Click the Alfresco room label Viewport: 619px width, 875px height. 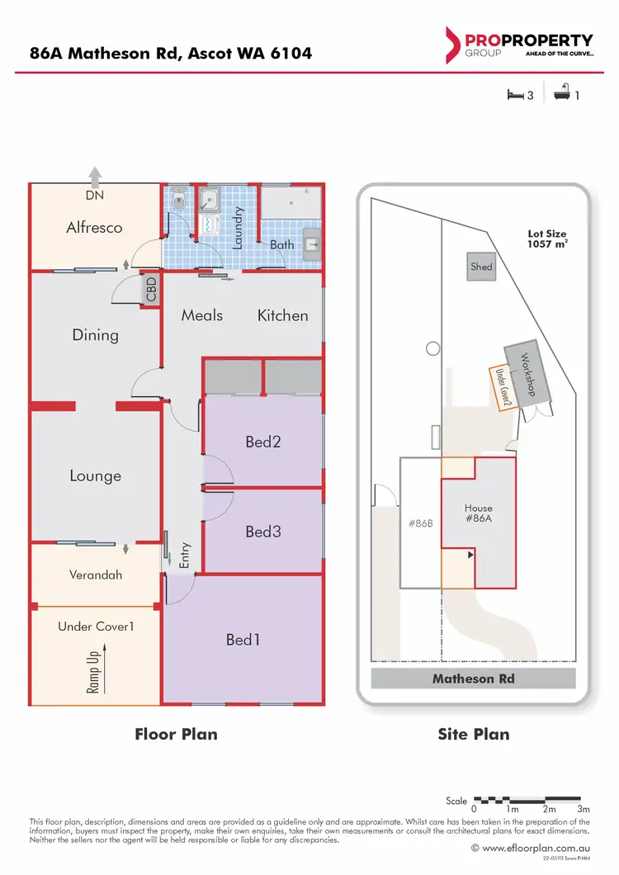pos(94,227)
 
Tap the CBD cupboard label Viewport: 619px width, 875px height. pos(150,291)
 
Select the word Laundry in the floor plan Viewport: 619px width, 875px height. pos(237,228)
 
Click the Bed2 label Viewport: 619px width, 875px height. pos(263,442)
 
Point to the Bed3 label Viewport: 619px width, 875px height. pos(263,532)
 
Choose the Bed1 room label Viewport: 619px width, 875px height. pos(243,639)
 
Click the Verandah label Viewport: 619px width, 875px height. pos(96,575)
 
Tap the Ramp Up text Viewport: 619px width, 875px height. pos(92,667)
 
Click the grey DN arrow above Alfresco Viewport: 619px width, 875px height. pos(95,175)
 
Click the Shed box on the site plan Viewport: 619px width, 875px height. pos(481,267)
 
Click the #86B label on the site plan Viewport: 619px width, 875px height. pos(422,523)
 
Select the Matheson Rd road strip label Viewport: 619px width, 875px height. pos(474,679)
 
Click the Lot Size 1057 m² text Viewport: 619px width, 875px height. pos(546,239)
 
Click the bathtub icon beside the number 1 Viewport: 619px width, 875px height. pos(562,95)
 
